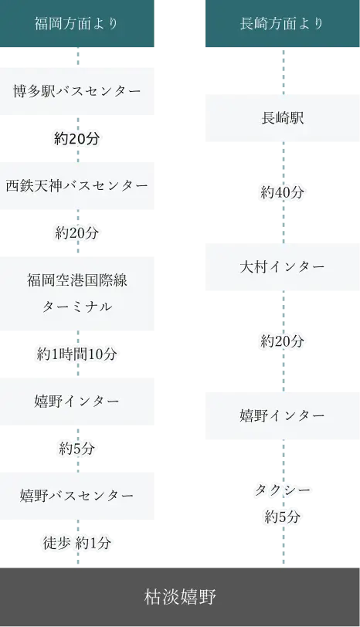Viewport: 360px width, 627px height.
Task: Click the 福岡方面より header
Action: pos(77,23)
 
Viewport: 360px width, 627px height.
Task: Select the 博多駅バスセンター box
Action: pos(77,91)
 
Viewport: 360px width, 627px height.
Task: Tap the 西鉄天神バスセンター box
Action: pos(77,185)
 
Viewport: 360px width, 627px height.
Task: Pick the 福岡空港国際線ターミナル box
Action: pos(77,293)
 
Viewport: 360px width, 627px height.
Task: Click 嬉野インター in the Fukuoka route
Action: pos(77,402)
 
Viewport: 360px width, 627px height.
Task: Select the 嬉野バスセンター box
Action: pos(77,496)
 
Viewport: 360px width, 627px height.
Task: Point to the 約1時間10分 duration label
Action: pos(77,354)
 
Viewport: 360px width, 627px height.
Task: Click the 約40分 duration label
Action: pos(282,192)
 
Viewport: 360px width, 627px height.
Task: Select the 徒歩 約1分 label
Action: pos(77,543)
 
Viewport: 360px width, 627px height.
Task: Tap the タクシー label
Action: pos(283,490)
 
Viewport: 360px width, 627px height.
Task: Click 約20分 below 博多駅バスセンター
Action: pos(77,139)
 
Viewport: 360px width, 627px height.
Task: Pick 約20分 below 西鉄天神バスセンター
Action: pos(77,232)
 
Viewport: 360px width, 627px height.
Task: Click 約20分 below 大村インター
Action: pos(282,341)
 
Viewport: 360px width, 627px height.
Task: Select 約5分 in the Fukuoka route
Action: pos(77,449)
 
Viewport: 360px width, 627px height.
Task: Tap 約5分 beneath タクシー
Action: pos(282,517)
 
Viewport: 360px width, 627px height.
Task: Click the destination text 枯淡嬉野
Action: pos(180,596)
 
